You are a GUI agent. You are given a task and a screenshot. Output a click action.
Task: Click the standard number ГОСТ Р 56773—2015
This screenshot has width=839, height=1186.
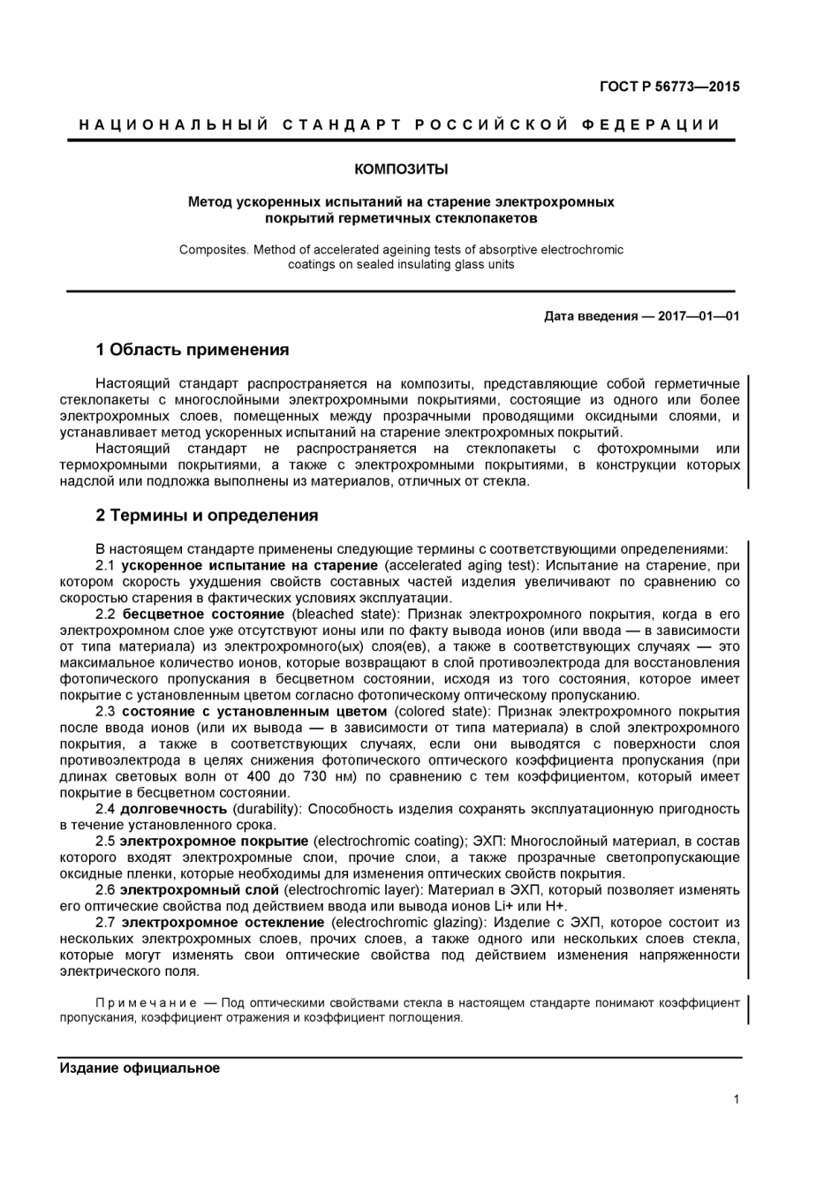(669, 87)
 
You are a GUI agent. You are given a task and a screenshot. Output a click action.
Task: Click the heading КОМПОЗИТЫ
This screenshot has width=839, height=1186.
(401, 168)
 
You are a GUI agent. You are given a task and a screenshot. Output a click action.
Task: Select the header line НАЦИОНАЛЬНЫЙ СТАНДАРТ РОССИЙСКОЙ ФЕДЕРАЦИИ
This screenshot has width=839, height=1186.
(400, 125)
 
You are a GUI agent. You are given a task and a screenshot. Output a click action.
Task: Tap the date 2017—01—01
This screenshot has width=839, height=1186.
(699, 316)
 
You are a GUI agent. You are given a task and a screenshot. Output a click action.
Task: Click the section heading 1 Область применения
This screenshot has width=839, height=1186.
(193, 351)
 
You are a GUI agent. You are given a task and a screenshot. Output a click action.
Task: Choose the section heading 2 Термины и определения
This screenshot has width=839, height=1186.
(207, 516)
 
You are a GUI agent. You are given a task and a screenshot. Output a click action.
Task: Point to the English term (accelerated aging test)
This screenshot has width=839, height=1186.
(460, 565)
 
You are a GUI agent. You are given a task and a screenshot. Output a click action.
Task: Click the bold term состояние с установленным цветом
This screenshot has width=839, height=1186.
(254, 711)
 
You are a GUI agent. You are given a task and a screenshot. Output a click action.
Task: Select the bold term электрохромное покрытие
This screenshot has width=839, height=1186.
(214, 841)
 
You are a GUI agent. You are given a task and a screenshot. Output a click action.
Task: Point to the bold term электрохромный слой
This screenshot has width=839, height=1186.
(199, 889)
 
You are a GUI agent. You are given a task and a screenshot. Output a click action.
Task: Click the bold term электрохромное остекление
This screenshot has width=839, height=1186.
(223, 922)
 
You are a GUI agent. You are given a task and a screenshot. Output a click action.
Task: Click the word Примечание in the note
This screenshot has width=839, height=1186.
(146, 1002)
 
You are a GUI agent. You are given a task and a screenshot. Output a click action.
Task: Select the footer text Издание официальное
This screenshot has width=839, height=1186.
(140, 1068)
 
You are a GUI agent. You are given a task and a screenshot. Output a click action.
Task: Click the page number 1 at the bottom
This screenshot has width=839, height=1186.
(736, 1099)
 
